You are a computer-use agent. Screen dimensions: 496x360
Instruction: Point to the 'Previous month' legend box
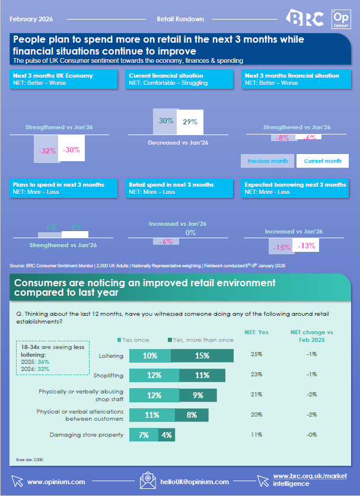(267, 161)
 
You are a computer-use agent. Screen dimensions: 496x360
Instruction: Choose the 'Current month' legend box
(322, 161)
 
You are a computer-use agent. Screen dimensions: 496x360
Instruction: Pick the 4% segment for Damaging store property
(168, 435)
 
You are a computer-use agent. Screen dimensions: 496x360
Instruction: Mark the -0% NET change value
(311, 435)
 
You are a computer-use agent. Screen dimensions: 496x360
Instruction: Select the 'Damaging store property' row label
(94, 435)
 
